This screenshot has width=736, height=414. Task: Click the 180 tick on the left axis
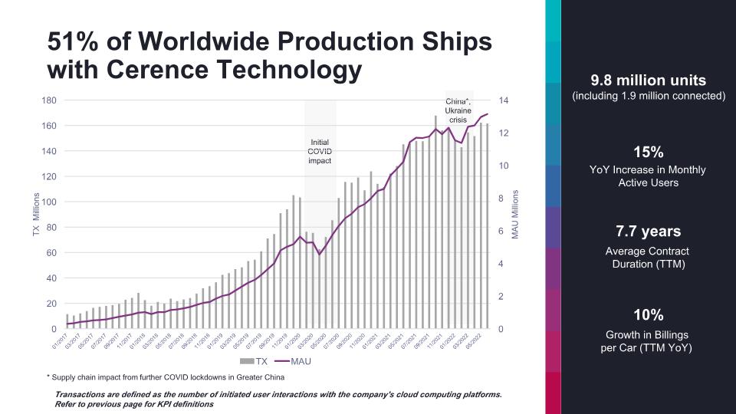[49, 100]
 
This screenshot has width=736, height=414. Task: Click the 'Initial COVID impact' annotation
[320, 151]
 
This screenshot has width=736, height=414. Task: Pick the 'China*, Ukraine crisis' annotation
[458, 110]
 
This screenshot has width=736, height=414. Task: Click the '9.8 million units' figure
[648, 80]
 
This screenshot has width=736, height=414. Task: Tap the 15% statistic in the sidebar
[648, 151]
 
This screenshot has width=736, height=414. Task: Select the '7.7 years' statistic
[648, 232]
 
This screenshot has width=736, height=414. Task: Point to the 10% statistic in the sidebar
[648, 314]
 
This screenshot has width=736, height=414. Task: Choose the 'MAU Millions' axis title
[516, 214]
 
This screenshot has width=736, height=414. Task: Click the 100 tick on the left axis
[49, 202]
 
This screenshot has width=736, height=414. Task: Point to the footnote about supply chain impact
[165, 377]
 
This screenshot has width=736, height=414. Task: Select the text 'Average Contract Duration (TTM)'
[648, 258]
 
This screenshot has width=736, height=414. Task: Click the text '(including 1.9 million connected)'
[648, 97]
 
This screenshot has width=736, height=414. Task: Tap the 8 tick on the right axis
[501, 199]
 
